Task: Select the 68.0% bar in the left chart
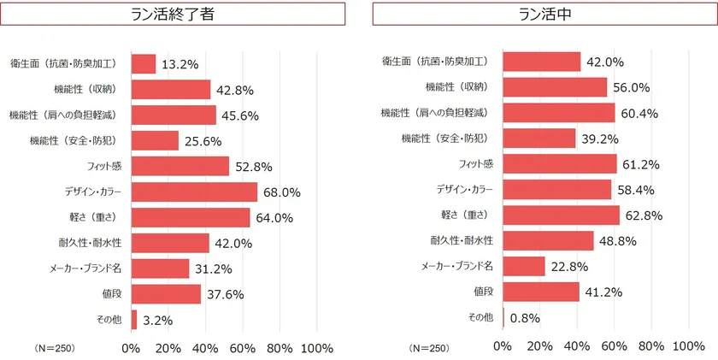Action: (194, 192)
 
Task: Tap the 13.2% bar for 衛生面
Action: (144, 64)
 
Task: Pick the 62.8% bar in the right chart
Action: (561, 215)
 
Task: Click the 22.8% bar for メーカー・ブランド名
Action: (524, 266)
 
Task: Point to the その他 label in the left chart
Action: (108, 320)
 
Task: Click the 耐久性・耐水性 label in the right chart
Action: (462, 240)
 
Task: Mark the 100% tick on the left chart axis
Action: (318, 347)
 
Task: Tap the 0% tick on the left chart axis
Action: (132, 347)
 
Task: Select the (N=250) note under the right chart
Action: (427, 348)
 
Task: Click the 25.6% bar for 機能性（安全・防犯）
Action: (155, 140)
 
